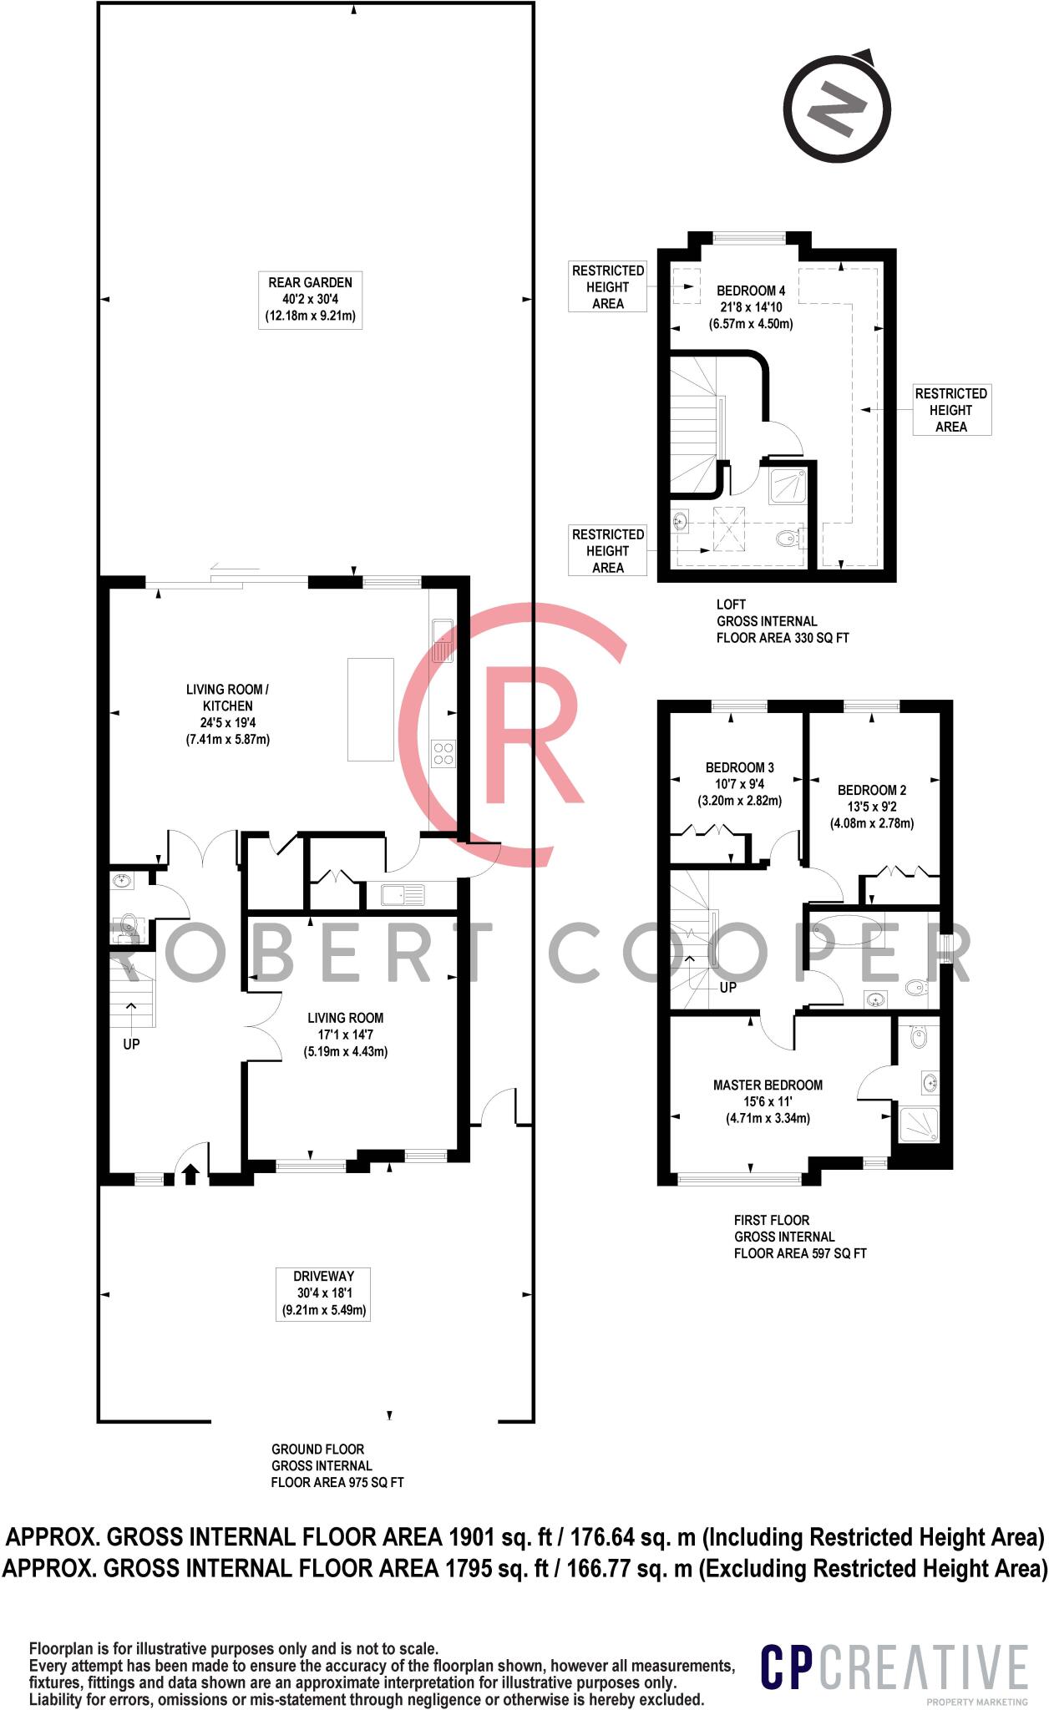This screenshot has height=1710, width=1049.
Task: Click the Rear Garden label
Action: click(310, 299)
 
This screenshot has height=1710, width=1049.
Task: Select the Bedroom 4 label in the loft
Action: click(751, 306)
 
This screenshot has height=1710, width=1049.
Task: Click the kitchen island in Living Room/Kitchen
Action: click(370, 709)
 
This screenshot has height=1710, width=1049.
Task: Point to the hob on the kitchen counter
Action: click(443, 753)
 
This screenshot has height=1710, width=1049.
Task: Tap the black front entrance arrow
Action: click(190, 1174)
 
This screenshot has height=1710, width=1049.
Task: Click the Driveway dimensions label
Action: click(323, 1293)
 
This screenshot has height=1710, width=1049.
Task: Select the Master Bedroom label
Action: click(768, 1101)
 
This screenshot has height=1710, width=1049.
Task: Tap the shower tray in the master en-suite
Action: click(918, 1125)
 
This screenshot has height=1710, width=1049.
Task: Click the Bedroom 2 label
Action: click(871, 806)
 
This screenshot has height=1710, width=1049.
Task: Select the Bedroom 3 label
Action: click(739, 783)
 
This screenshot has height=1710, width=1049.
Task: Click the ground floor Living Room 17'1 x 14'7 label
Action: click(345, 1034)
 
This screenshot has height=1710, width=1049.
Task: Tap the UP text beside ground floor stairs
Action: click(131, 1044)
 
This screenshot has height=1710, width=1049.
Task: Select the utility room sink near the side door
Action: click(403, 895)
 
